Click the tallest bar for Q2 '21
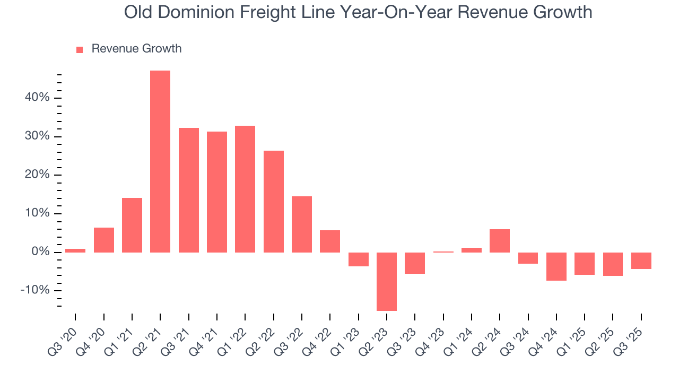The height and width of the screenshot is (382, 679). pos(160,161)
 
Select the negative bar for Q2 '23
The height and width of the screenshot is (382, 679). pos(387,281)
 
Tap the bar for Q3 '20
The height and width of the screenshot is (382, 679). pos(75,250)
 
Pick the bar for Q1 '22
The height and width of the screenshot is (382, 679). pos(245,189)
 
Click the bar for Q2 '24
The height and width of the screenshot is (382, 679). pos(500,241)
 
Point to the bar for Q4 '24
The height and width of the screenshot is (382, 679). pos(556,266)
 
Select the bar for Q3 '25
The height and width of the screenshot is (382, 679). pos(641,261)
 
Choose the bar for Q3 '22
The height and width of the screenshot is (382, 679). pos(302,224)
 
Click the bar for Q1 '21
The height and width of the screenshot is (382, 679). pos(132,225)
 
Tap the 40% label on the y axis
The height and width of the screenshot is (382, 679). pos(37,98)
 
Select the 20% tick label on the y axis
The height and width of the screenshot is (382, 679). pos(37,175)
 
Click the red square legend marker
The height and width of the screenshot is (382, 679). pos(80,50)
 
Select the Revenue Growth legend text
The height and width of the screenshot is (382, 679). pos(136,49)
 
